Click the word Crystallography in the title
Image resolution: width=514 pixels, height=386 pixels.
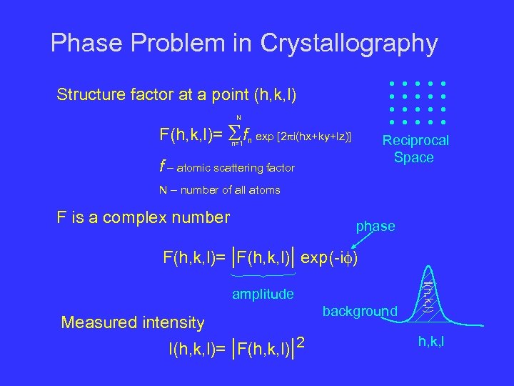point(349,44)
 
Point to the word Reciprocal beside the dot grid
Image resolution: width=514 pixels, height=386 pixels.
point(416,141)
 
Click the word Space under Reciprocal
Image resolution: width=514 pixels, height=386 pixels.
point(413,158)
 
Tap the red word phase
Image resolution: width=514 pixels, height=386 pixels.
point(376,226)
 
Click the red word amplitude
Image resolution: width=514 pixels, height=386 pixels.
point(263,294)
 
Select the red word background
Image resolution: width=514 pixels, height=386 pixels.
point(360,311)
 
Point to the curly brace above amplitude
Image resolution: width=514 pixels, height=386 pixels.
point(263,275)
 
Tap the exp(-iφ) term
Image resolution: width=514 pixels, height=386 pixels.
point(329,256)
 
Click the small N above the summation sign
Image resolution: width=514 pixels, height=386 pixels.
point(238,117)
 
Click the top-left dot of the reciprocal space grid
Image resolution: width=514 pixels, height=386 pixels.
point(391,83)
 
